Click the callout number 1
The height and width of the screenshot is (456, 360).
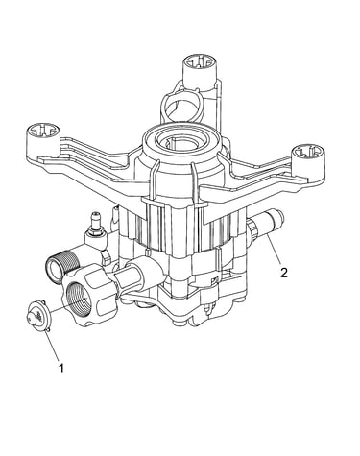(61, 368)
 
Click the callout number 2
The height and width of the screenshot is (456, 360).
(283, 273)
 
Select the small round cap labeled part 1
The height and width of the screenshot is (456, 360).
(36, 316)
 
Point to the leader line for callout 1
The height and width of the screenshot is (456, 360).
(52, 347)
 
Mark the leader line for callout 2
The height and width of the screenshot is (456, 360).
(275, 251)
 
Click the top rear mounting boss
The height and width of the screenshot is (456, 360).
(201, 69)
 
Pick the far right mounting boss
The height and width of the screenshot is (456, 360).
(308, 160)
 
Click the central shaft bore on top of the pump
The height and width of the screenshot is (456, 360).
(180, 141)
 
